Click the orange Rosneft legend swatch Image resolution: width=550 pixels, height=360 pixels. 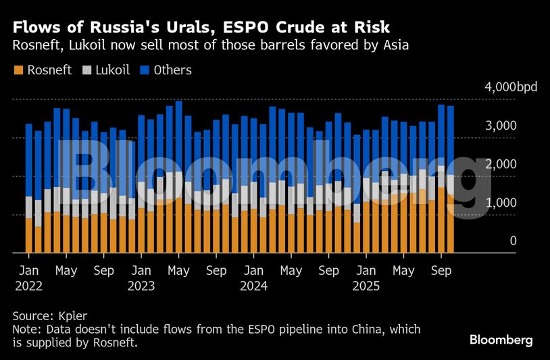[x=18, y=70]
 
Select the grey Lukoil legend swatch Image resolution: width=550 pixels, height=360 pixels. [x=86, y=70]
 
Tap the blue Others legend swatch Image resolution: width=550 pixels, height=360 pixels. [x=145, y=70]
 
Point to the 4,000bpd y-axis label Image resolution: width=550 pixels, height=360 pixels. [x=507, y=88]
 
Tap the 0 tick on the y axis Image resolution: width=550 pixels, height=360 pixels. [x=513, y=241]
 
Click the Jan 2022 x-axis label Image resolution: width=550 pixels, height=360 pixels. [x=28, y=278]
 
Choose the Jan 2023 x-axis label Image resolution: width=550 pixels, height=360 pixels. [x=141, y=278]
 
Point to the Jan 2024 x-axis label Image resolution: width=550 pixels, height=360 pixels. [x=253, y=278]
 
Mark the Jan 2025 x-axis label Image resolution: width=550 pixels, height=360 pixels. [x=366, y=278]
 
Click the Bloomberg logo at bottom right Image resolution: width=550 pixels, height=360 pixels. [x=501, y=340]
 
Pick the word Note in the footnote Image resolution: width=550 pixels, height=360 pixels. [x=25, y=330]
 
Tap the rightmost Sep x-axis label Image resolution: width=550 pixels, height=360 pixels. [x=441, y=271]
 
